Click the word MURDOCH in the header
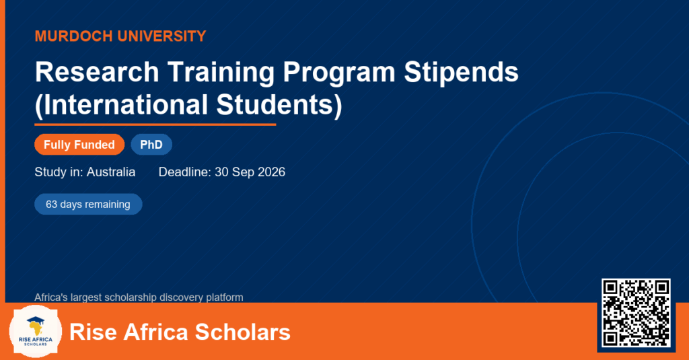[x=73, y=36]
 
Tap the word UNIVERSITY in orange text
[x=161, y=36]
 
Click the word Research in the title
[x=97, y=71]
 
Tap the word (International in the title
[x=121, y=106]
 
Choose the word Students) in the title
[x=279, y=106]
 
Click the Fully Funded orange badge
[x=79, y=145]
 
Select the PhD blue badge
[x=151, y=145]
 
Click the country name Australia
[x=111, y=172]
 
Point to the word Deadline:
[x=184, y=172]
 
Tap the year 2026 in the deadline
[x=272, y=172]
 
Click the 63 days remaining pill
[x=88, y=205]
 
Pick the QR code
[x=637, y=312]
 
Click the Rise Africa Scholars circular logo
[x=36, y=332]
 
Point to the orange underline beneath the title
[x=155, y=125]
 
